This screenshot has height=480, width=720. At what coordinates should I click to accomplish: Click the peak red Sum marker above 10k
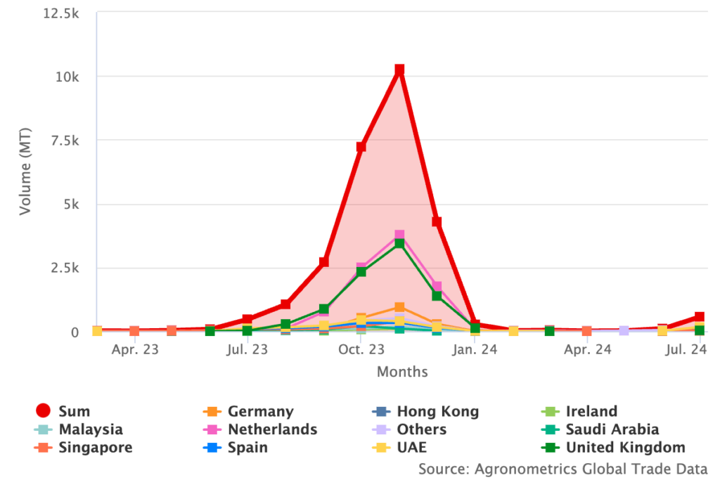point(399,70)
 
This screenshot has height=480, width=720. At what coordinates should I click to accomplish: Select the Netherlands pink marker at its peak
point(399,235)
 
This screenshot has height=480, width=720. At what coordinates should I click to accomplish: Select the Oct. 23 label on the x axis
point(361,349)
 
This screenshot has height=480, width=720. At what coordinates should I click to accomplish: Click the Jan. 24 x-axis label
point(475,349)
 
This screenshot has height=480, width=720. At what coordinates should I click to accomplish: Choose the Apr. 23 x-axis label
point(134,349)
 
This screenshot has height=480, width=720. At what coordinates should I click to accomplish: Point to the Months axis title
point(401,371)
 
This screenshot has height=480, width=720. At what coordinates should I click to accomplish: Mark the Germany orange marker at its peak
point(399,307)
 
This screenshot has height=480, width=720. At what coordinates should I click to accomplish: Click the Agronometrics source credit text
point(562,468)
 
